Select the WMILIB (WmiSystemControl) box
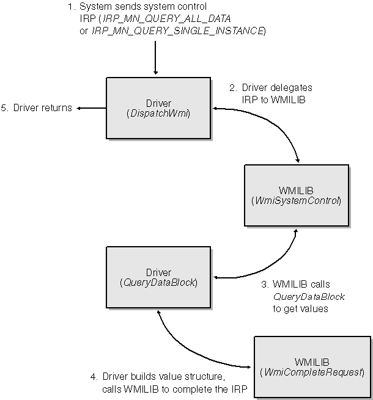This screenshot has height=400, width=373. (296, 195)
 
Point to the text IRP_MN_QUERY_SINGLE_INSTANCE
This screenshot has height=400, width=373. (177, 31)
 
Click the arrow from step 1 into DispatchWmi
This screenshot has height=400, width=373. (156, 61)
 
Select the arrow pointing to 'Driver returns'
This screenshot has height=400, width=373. (90, 109)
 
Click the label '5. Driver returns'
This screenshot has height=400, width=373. (36, 109)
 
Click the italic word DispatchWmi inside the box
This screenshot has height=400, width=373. (158, 114)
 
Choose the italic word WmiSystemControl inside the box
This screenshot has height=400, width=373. (296, 200)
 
